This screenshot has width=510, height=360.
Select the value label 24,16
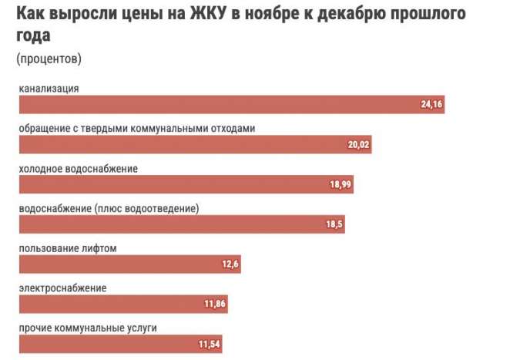click(432, 105)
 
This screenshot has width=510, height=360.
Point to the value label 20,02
click(359, 145)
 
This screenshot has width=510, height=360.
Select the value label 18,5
click(334, 225)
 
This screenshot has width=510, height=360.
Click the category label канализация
click(49, 88)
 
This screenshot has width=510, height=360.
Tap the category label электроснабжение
click(62, 288)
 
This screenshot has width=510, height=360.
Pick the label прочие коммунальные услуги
click(88, 328)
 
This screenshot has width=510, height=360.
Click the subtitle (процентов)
click(48, 59)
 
